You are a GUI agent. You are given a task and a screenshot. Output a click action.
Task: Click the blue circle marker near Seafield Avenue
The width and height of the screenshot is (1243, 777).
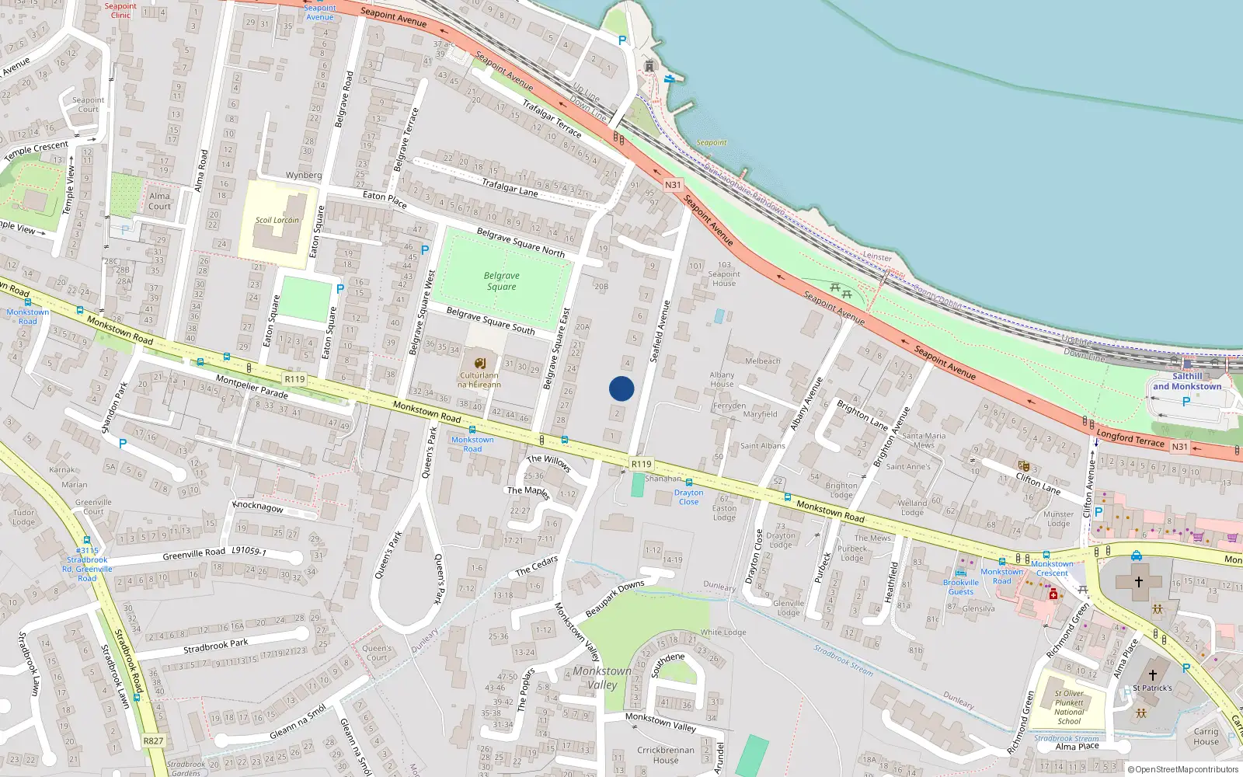click(621, 388)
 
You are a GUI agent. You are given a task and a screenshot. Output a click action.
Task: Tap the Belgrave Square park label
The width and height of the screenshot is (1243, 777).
click(502, 281)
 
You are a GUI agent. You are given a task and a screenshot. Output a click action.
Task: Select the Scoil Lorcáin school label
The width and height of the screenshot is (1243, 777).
click(277, 220)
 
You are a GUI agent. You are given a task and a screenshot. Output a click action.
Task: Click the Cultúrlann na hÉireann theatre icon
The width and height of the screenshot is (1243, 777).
click(480, 363)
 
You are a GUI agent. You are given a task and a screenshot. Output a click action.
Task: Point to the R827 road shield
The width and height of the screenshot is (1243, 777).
click(153, 740)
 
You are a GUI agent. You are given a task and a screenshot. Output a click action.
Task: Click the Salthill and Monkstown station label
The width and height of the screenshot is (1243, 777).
click(1187, 382)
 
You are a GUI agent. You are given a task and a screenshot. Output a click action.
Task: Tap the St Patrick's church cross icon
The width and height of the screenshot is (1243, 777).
click(1153, 674)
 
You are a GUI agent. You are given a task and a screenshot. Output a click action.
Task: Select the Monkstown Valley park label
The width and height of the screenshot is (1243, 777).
click(602, 678)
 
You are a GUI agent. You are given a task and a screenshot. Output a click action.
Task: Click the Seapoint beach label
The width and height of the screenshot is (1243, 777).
click(712, 143)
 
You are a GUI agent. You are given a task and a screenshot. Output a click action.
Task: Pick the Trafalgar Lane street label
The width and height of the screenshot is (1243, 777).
click(510, 187)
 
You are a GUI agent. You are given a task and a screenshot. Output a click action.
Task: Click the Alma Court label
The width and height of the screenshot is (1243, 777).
click(159, 201)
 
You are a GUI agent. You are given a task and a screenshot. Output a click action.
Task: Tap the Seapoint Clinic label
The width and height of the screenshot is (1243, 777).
click(120, 10)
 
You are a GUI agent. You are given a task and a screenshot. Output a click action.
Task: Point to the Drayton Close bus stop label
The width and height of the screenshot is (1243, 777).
click(688, 497)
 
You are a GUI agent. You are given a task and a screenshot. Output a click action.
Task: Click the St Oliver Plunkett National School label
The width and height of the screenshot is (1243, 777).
click(1069, 707)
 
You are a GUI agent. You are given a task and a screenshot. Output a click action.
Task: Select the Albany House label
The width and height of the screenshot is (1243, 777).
click(722, 379)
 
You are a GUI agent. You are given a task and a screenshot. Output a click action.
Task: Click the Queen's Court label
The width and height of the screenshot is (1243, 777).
click(377, 653)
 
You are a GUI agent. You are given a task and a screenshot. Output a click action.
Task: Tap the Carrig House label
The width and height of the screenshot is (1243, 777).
click(1206, 737)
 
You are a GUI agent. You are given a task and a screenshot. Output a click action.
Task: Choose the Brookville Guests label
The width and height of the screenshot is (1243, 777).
click(961, 587)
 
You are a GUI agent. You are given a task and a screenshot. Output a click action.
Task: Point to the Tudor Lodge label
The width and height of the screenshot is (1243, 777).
click(23, 517)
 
